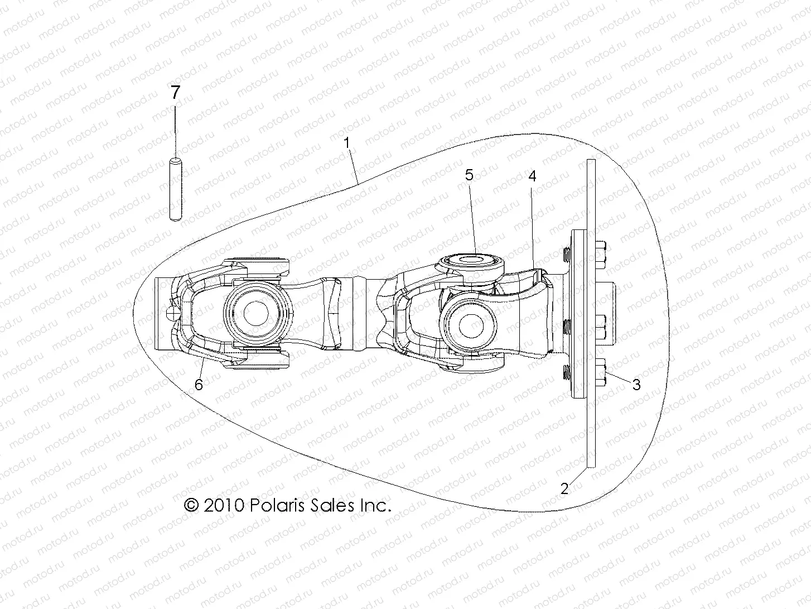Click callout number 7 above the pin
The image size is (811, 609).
175,93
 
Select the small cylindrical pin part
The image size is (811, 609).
175,190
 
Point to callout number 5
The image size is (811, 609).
469,175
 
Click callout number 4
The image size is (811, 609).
532,176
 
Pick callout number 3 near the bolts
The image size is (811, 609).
636,384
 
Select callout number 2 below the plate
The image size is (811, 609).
564,489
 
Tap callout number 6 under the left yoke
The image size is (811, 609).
199,384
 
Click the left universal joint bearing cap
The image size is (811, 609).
258,309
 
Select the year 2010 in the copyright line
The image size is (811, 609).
223,506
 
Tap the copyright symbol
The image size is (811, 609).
191,506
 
